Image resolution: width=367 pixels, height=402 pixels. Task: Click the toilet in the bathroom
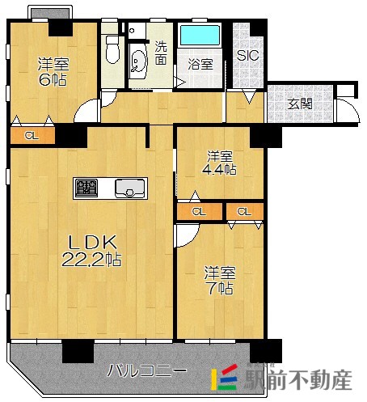113,54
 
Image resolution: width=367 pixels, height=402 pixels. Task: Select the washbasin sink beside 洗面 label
138,60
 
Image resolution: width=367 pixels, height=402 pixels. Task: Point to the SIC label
248,57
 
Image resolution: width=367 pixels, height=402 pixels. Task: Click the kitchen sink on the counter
129,189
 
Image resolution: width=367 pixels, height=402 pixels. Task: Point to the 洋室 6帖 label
51,72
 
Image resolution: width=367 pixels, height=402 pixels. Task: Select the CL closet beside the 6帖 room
32,136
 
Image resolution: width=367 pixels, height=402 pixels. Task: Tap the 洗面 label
162,53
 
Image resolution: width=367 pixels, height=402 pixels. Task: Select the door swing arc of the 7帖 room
185,235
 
